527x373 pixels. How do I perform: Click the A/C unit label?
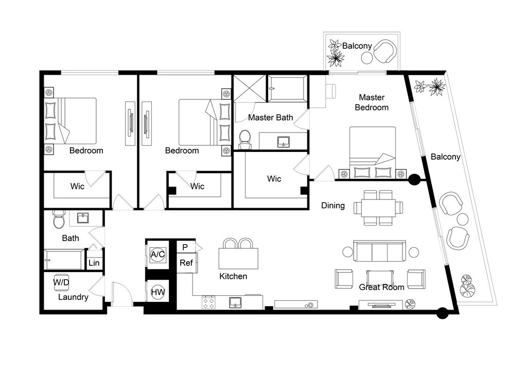point(157,255)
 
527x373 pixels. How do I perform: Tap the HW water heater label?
point(157,292)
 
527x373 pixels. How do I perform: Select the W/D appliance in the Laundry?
point(61,283)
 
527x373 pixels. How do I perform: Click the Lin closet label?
point(94,263)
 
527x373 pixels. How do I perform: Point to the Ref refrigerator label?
point(186,263)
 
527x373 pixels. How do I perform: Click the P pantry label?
point(185,247)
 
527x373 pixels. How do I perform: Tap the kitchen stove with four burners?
point(208,302)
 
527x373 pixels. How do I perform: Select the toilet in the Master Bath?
point(244,140)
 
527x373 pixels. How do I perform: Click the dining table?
point(378,208)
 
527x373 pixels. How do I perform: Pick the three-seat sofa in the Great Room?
point(380,251)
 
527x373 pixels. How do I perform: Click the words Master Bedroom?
point(372,102)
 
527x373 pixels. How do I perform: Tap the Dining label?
point(333,206)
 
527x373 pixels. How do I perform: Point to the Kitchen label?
point(233,276)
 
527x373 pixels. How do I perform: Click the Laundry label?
point(73,297)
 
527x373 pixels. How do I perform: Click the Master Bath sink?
point(284,142)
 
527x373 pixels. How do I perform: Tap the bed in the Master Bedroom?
point(373,152)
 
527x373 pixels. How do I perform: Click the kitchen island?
point(239,259)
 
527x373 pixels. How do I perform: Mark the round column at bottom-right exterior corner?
point(442,313)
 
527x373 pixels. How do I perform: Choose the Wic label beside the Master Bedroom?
point(274,179)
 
